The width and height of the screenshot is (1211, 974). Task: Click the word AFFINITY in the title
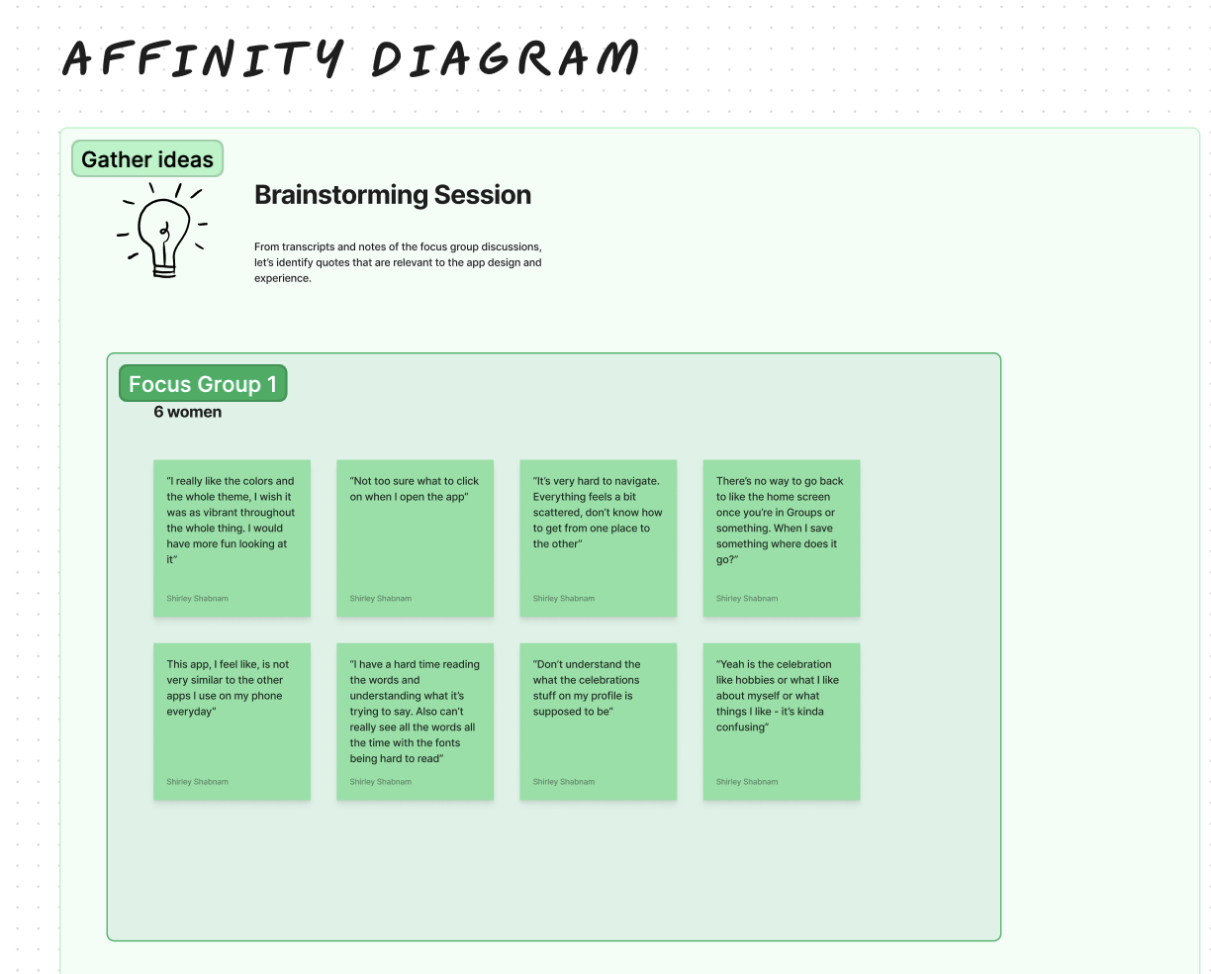(204, 58)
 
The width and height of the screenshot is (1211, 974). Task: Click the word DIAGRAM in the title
(506, 58)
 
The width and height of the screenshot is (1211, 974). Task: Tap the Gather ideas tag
(147, 159)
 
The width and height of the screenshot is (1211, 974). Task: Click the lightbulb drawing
(161, 230)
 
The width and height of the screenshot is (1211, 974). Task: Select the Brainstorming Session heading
(393, 195)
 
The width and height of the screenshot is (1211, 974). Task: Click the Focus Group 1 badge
(203, 384)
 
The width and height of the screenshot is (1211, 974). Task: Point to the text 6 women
(188, 412)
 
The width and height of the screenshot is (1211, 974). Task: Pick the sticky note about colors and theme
(232, 538)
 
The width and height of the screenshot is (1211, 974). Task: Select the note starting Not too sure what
(415, 538)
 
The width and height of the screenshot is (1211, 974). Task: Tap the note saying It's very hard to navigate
(599, 538)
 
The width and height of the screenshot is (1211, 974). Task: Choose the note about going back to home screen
(782, 538)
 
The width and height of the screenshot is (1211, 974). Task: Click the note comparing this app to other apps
(232, 722)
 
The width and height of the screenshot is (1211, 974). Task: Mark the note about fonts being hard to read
(415, 722)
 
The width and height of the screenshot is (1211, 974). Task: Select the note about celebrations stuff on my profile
(599, 722)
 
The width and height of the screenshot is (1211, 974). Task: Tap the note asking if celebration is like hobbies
(782, 722)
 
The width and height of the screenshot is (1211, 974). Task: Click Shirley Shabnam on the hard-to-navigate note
(564, 599)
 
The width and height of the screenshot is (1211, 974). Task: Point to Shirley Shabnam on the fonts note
(381, 782)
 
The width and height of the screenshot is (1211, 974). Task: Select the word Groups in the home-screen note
(804, 513)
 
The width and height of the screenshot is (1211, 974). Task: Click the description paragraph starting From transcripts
(398, 262)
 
